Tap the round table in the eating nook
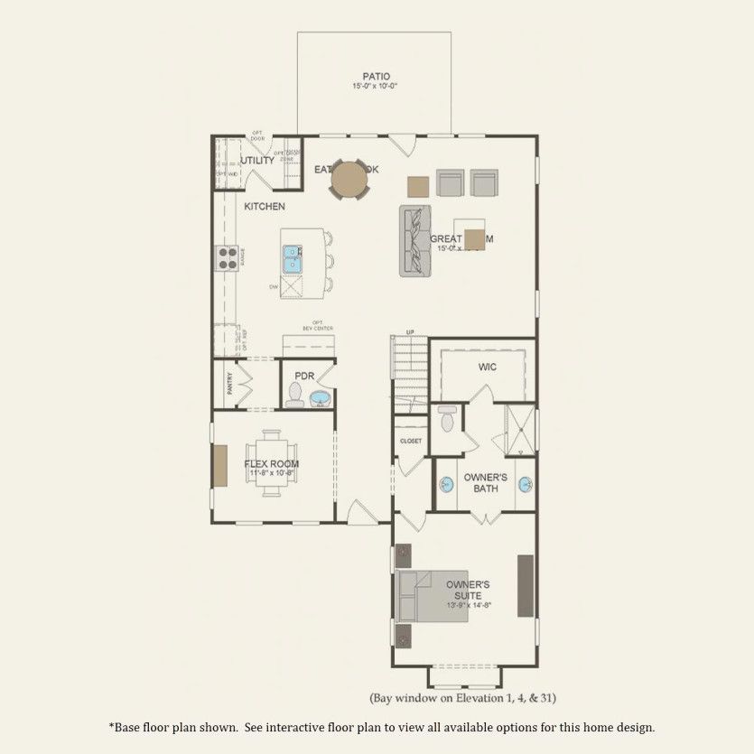pos(349,179)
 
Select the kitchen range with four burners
pos(227,259)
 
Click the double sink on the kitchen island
pos(293,259)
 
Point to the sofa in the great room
pos(414,240)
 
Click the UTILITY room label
pos(256,161)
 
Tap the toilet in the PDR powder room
pos(294,393)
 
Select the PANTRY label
pos(229,384)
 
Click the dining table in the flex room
pos(271,463)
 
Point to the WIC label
pos(488,368)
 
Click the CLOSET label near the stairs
pos(411,441)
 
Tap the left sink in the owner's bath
pos(445,485)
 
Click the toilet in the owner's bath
pos(446,419)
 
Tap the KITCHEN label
pos(265,207)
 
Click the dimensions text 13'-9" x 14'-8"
pos(468,605)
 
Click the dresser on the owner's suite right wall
pos(525,586)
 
